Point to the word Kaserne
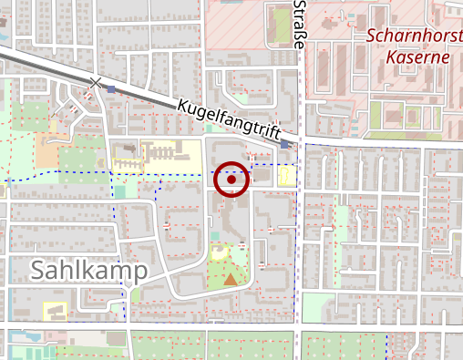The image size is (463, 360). [x=418, y=57]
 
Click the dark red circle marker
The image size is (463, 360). [x=232, y=180]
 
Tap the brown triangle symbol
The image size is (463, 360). [x=231, y=279]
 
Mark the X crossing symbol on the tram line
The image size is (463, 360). [x=97, y=83]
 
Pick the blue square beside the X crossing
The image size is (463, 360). [x=111, y=89]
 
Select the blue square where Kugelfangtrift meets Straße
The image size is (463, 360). [x=286, y=144]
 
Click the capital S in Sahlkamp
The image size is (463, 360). [x=41, y=271]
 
